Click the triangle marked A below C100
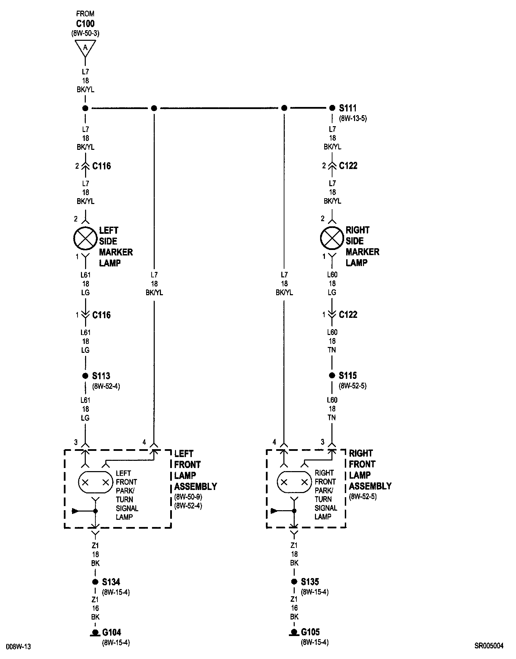tap(85, 48)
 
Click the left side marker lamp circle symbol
tap(85, 238)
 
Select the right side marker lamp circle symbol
tap(332, 238)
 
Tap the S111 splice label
tap(348, 108)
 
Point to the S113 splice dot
tap(85, 376)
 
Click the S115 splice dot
tap(332, 375)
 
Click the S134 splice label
tap(111, 582)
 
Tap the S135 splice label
tap(310, 582)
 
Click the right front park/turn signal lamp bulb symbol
tap(294, 482)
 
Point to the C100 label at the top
tap(85, 24)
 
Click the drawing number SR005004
tap(489, 646)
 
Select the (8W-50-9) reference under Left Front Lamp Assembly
tap(188, 497)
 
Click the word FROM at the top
tap(85, 14)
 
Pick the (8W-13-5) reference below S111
tap(353, 119)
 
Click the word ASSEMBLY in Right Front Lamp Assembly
tap(370, 486)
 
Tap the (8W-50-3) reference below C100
tap(85, 33)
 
